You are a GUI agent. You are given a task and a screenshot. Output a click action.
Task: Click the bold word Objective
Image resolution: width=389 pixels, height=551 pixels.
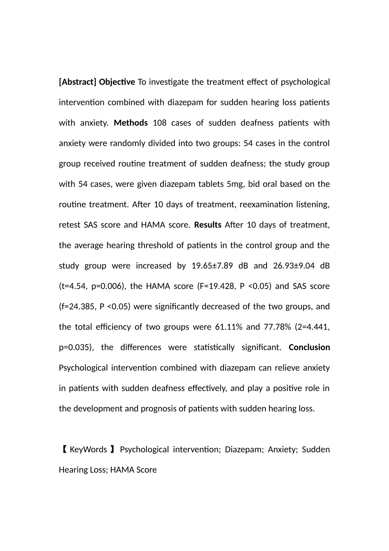coord(117,82)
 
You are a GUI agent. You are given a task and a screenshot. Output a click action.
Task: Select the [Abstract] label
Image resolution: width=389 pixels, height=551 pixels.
coord(78,82)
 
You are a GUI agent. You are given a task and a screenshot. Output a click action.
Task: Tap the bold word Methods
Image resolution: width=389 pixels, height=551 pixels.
coord(131,123)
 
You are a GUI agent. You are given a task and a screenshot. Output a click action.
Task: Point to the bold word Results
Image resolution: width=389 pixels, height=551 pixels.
coord(208,225)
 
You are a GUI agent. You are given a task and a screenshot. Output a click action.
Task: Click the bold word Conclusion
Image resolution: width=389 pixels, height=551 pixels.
coord(309,348)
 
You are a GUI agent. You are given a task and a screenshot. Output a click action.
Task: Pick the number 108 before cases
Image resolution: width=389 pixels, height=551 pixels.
coord(159,123)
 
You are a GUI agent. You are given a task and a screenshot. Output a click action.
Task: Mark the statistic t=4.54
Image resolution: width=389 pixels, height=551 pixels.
coord(74,286)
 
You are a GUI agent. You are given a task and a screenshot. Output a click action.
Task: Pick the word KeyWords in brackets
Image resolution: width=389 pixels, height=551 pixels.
coord(88,450)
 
